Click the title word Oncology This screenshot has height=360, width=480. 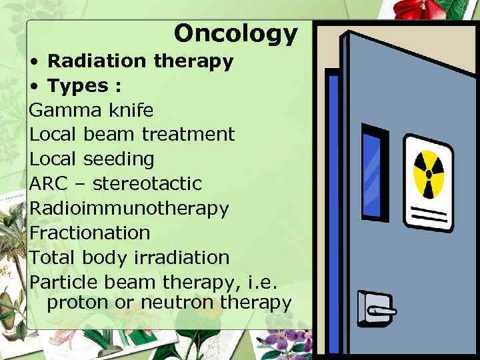[x=235, y=33]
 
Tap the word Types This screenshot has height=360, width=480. [x=78, y=86]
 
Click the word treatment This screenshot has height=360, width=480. [x=188, y=134]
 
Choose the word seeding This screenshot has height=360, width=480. [x=119, y=159]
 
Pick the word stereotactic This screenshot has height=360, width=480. [x=147, y=183]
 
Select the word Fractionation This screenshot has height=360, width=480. [x=90, y=233]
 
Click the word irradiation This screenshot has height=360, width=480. [x=181, y=257]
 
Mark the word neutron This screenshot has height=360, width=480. [x=177, y=303]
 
